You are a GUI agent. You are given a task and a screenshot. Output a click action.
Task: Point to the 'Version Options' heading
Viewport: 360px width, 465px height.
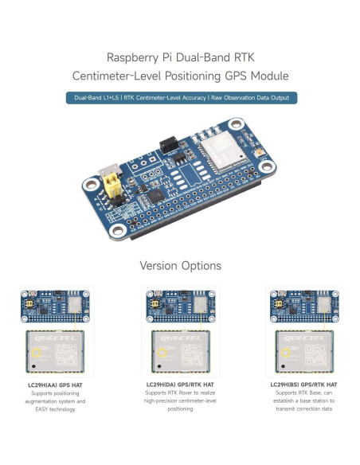point(180,265)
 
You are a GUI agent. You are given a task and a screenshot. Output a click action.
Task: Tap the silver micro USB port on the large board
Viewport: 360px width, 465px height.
point(107,172)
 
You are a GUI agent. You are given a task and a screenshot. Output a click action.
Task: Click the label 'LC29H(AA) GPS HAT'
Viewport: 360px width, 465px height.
point(56,384)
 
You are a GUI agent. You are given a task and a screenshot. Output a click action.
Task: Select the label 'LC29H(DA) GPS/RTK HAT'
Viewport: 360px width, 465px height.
point(180,384)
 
